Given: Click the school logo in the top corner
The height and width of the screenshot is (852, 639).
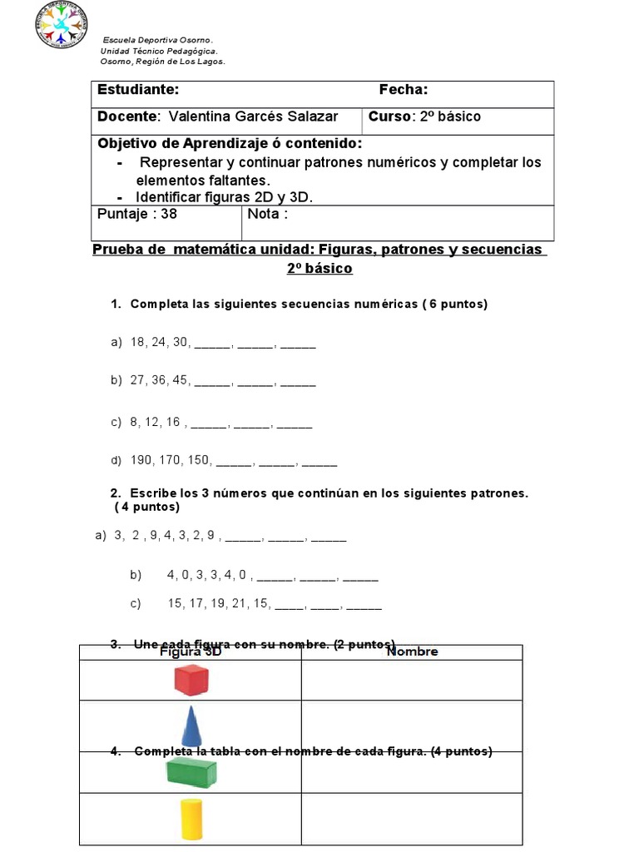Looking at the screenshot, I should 62,25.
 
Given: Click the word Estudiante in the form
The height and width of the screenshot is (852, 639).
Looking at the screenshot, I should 137,90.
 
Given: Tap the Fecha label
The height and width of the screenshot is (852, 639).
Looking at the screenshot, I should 404,90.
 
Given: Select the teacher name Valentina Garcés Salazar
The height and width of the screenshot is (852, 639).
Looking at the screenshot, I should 253,116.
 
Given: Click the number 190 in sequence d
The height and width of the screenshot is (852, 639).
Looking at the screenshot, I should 142,460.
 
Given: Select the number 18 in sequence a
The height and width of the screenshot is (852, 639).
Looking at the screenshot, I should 138,342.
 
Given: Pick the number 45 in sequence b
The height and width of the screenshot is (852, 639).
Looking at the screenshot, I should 181,380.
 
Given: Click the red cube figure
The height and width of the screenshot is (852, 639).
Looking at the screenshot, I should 191,680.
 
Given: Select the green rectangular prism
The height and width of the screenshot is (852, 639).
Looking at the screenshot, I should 191,772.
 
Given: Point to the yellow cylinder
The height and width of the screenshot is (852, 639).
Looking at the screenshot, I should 191,819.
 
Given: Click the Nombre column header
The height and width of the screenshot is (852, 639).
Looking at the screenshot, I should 413,652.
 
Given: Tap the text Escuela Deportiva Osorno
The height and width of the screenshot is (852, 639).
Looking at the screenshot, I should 158,41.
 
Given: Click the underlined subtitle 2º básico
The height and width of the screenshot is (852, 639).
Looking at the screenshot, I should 319,268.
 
